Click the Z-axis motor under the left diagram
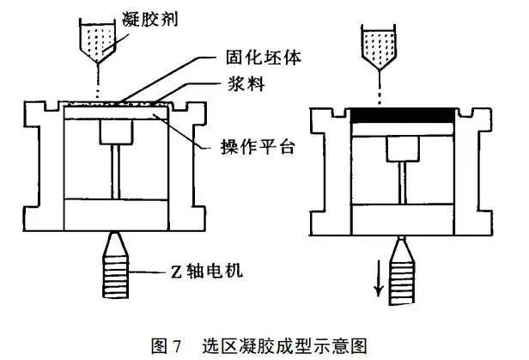114,265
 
